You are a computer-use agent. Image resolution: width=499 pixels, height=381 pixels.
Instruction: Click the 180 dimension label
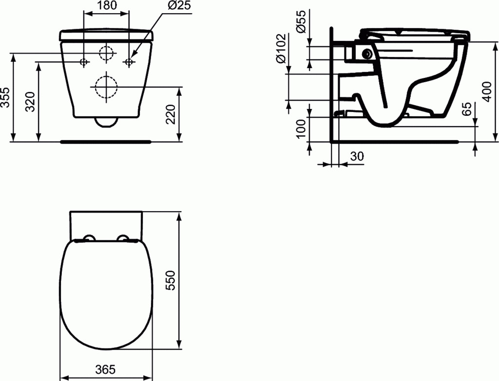106,5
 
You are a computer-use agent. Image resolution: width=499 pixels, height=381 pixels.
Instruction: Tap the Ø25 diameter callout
179,5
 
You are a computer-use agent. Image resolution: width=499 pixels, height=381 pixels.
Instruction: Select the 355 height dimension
6,97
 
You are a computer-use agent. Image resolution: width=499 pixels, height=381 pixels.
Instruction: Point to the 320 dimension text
31,102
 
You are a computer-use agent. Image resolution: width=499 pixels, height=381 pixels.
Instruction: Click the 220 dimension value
171,114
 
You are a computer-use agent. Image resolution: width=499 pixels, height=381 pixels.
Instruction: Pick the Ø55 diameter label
301,21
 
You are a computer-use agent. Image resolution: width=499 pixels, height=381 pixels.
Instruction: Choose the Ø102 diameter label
282,48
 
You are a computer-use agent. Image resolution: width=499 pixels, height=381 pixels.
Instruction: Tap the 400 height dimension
487,91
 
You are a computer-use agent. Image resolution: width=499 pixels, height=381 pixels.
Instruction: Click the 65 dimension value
466,109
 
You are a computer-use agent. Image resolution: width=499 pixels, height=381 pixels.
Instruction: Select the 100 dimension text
301,128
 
